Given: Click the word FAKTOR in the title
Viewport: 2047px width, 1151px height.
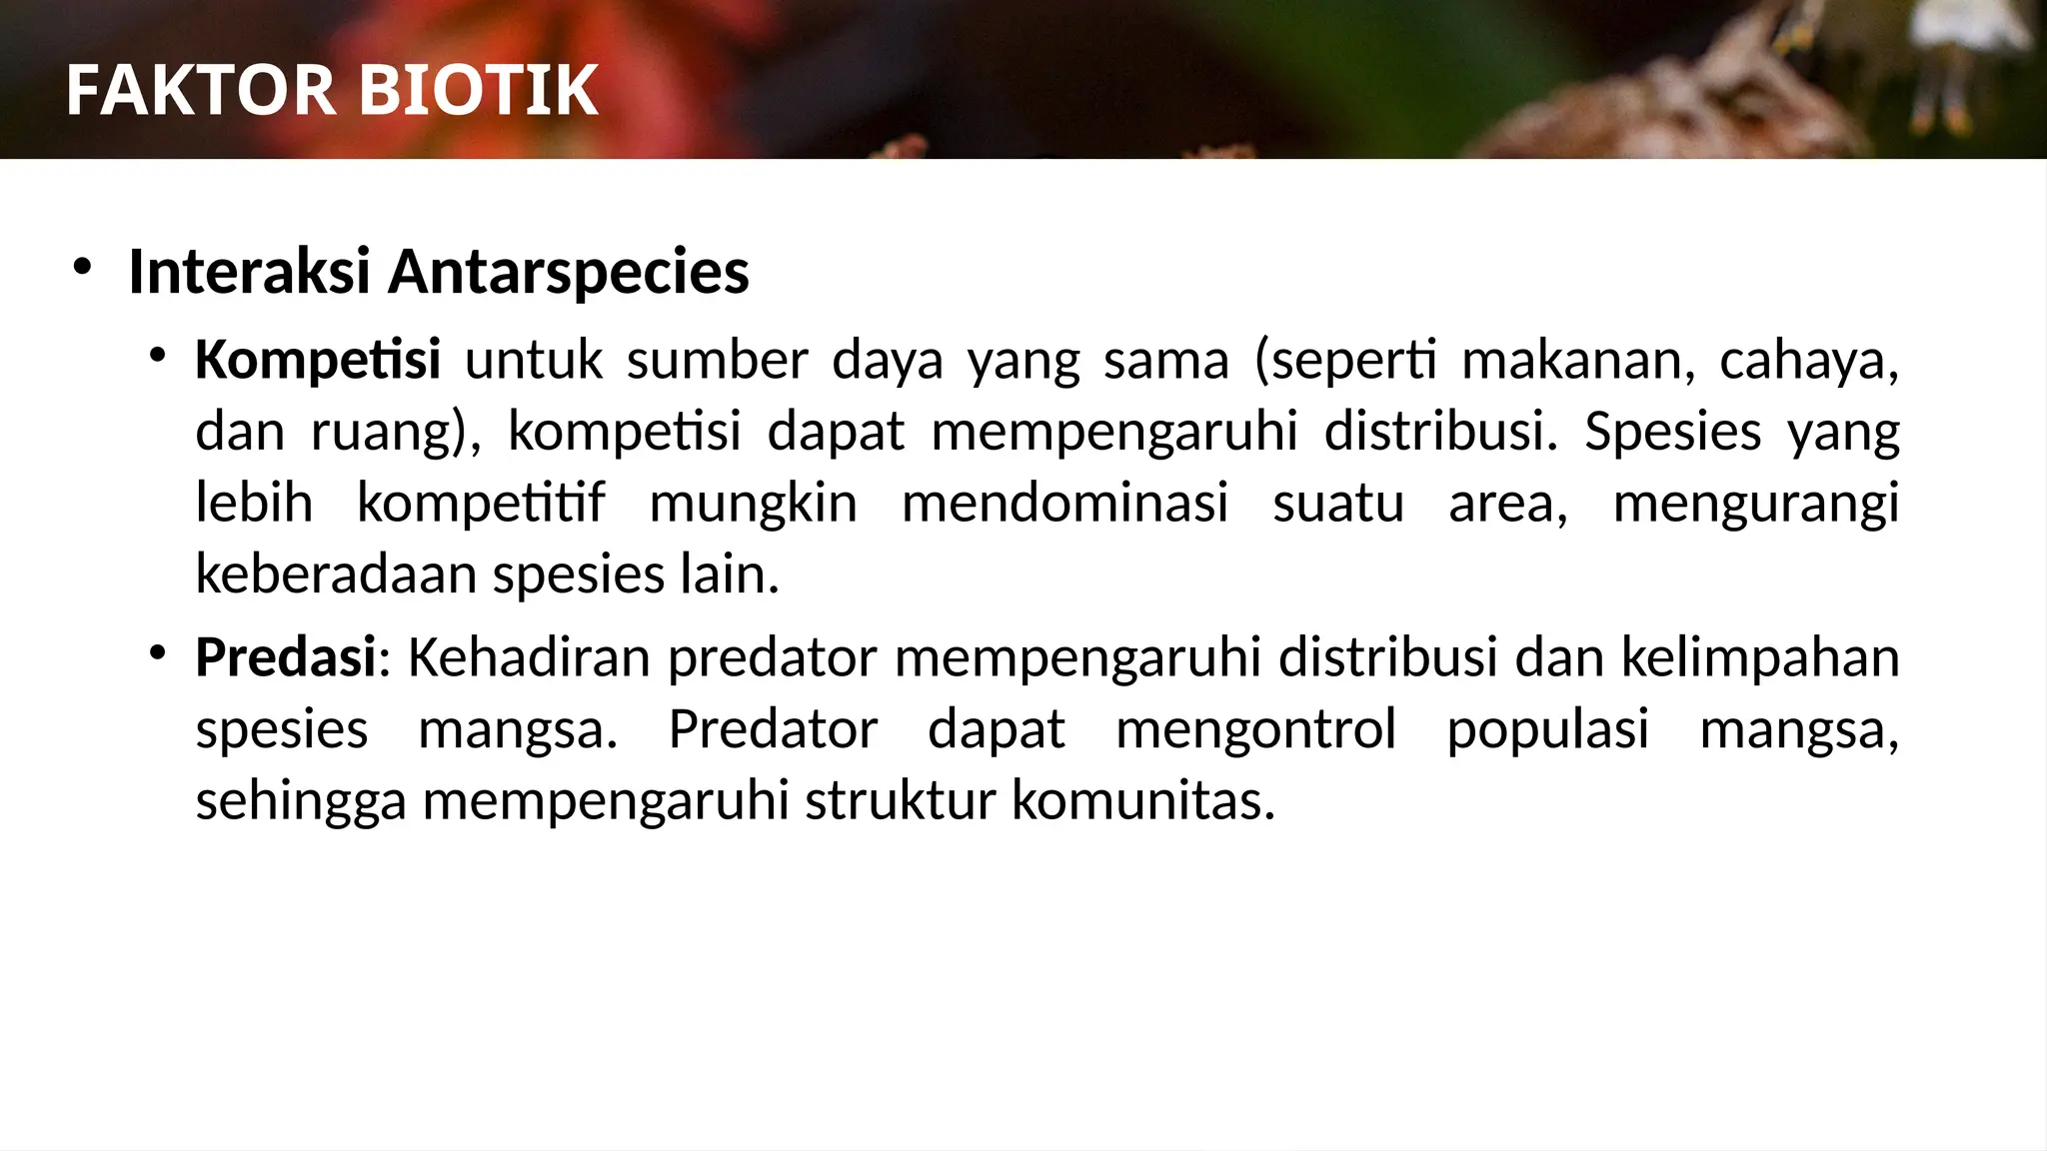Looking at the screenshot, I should [200, 91].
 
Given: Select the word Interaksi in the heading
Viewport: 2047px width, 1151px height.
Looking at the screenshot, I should [249, 272].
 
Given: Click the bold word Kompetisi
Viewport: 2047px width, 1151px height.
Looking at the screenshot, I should [318, 360].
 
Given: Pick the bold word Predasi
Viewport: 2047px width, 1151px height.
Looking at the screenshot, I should [286, 657].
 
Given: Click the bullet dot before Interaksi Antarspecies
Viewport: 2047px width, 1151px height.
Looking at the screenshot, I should [82, 267].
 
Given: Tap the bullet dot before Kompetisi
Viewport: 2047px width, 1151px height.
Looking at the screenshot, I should [156, 356].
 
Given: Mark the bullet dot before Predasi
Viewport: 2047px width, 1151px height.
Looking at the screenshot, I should [156, 653].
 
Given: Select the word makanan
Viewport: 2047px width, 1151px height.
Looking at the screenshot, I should [1577, 360].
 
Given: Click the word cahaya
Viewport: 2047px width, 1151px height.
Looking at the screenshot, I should [1808, 360].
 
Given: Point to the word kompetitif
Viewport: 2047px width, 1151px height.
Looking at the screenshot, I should [481, 503].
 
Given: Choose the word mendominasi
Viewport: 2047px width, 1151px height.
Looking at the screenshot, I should [1064, 503].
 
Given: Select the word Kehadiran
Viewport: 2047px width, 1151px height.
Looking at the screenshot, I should [529, 657].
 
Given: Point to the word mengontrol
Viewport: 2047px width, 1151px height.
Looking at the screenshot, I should [1255, 730].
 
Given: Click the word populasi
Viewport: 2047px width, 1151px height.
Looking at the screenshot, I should [1547, 730].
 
